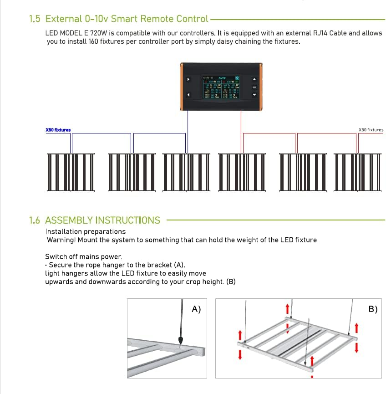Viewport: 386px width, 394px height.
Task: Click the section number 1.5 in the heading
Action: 35,19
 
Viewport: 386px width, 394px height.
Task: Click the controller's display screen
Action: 221,87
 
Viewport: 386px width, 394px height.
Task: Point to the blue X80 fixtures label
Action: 58,130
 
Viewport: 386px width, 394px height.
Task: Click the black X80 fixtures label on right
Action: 371,130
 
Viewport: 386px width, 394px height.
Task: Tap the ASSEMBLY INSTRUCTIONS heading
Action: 102,220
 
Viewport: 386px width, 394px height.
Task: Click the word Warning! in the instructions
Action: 61,240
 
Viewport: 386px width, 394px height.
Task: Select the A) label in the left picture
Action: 196,309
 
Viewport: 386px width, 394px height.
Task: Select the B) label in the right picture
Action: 373,309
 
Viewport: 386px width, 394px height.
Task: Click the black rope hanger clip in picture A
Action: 181,340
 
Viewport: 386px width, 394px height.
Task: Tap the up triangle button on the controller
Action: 254,79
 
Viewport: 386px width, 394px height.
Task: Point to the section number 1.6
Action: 35,220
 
